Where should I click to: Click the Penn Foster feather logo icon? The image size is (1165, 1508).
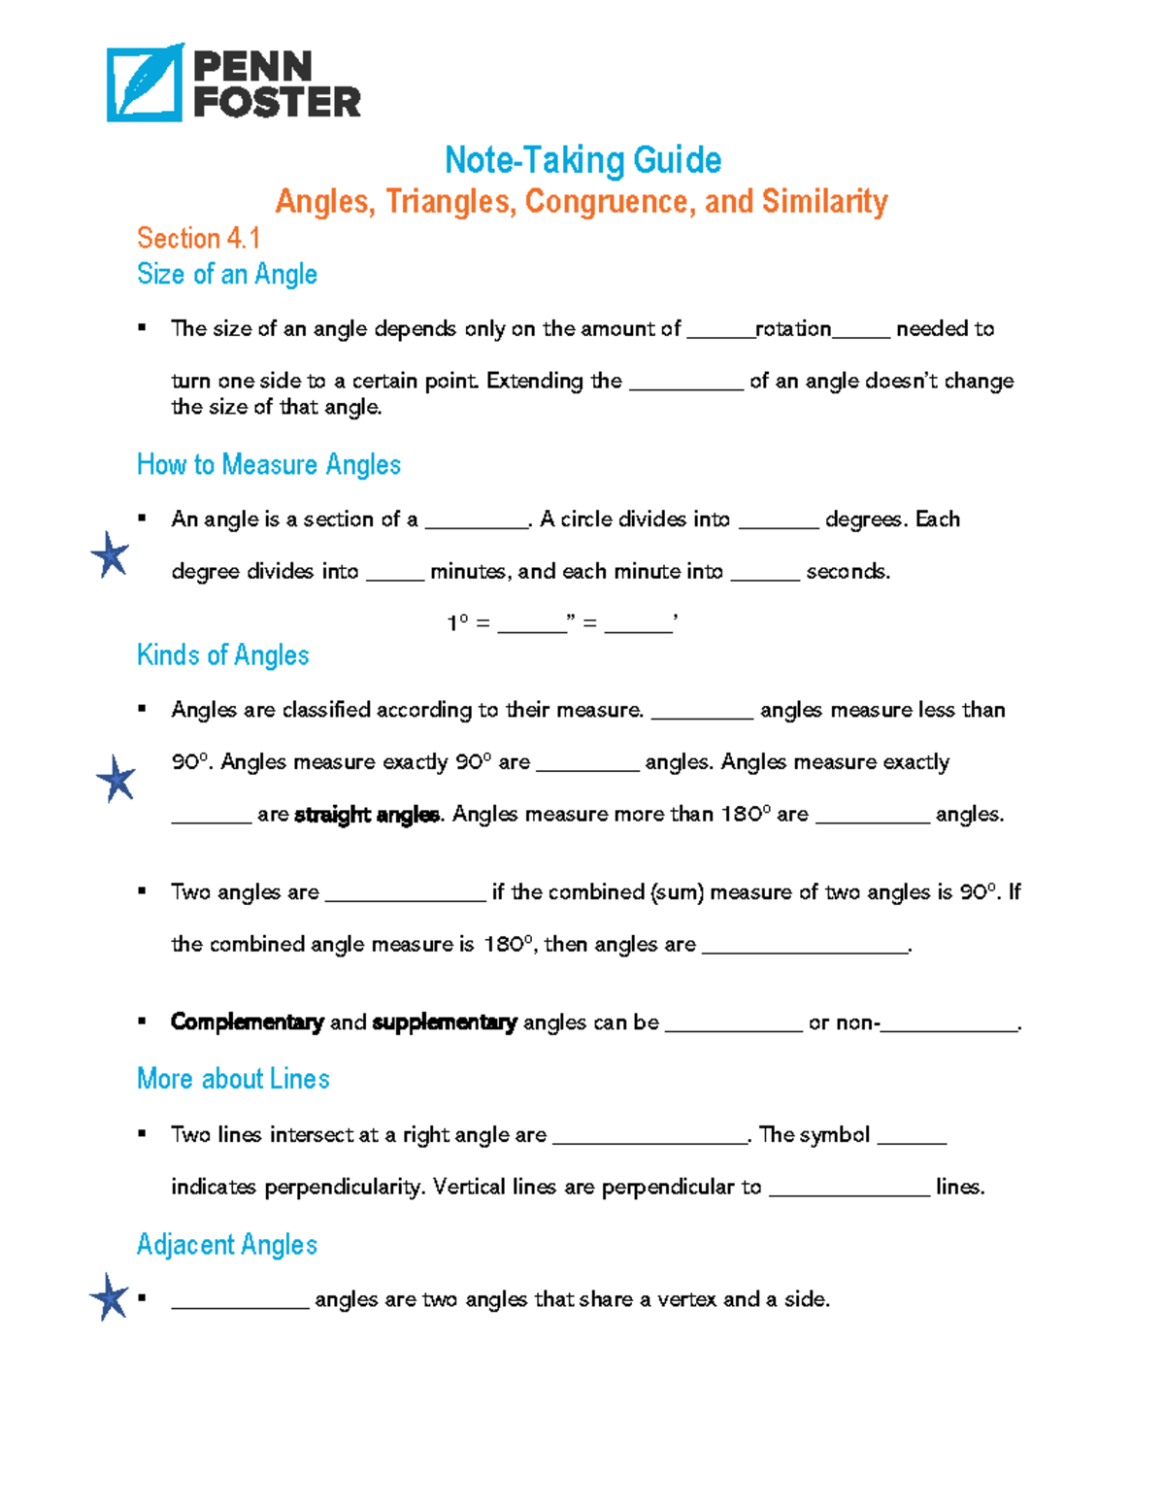pos(145,84)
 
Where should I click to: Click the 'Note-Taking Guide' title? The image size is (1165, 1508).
pos(582,160)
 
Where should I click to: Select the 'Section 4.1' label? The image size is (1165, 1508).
pos(198,238)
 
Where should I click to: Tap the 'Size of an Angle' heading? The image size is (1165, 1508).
pos(227,274)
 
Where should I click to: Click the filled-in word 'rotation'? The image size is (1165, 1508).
pos(793,329)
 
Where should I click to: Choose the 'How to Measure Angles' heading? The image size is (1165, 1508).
pos(269,464)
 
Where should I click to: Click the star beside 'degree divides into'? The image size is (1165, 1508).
pos(110,555)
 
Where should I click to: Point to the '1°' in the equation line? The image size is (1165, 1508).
pos(457,622)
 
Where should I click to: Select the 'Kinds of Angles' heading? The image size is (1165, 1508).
pos(223,655)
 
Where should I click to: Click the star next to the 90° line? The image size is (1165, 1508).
pos(116,779)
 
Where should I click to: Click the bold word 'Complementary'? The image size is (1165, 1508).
pos(247,1022)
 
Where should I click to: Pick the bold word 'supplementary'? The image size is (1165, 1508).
pos(445,1022)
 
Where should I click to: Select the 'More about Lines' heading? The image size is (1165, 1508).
pos(233,1079)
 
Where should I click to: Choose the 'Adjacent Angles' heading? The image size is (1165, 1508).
pos(227,1245)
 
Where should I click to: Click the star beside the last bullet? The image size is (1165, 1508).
pos(109,1296)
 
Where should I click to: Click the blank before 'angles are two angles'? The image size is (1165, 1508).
pos(240,1301)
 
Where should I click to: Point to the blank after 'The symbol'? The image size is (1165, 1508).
pos(912,1137)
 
